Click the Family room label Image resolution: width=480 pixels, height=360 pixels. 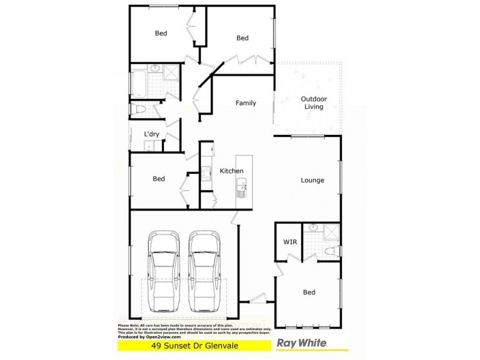(245, 103)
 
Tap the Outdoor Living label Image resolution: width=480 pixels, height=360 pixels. (313, 103)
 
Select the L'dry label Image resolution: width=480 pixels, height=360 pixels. (151, 134)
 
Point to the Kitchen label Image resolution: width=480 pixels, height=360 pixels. (231, 171)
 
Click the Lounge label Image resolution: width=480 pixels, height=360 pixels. (313, 180)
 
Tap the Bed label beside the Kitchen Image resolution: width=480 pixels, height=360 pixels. (158, 179)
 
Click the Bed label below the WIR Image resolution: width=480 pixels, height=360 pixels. (309, 293)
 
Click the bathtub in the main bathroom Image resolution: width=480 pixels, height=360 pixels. (138, 85)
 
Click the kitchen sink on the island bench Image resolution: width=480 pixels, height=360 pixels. (242, 190)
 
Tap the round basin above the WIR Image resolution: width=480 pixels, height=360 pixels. (313, 228)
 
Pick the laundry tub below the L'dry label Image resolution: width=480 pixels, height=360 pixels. (148, 145)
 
